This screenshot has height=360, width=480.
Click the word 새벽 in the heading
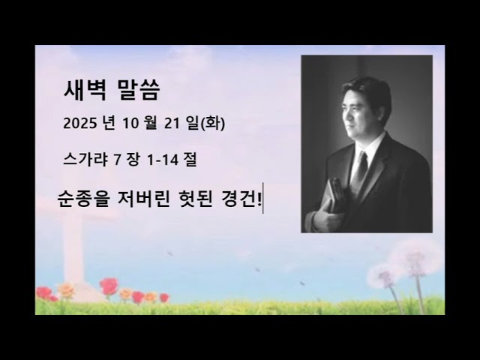point(87,91)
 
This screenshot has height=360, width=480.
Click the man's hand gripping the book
point(325,220)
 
